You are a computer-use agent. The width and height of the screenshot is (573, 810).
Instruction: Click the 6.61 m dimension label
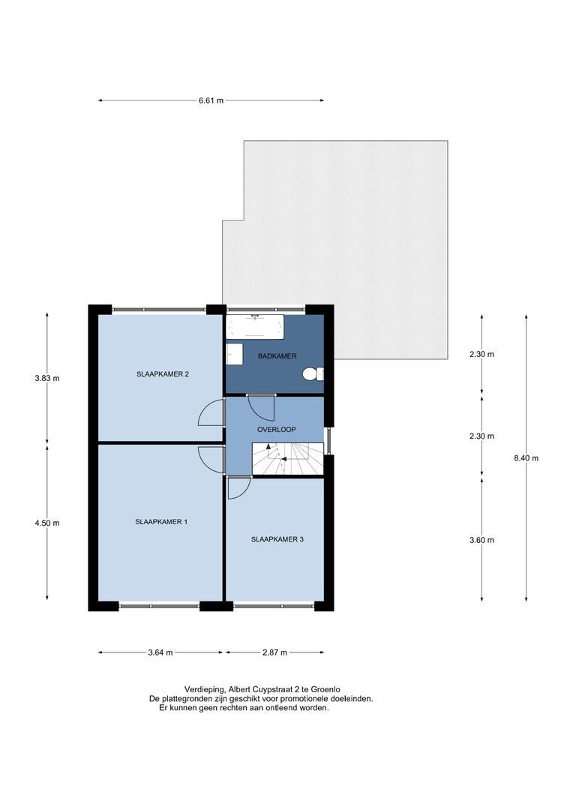pyautogui.click(x=211, y=100)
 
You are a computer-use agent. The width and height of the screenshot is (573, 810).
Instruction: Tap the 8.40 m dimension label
pyautogui.click(x=526, y=457)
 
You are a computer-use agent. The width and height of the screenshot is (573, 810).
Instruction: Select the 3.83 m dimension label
pyautogui.click(x=47, y=378)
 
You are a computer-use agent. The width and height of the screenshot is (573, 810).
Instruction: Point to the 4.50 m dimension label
pyautogui.click(x=47, y=523)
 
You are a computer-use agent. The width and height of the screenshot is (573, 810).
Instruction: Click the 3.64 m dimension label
pyautogui.click(x=160, y=652)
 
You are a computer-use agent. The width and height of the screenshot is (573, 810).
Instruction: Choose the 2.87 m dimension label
pyautogui.click(x=274, y=652)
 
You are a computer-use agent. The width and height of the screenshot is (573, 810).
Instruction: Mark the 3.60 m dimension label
pyautogui.click(x=481, y=540)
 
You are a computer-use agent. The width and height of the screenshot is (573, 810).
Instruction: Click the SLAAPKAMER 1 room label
pyautogui.click(x=161, y=522)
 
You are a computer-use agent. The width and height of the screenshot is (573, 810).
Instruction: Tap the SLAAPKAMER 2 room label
pyautogui.click(x=162, y=374)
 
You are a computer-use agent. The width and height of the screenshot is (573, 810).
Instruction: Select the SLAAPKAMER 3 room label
pyautogui.click(x=277, y=539)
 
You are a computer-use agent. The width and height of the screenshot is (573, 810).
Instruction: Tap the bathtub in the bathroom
pyautogui.click(x=255, y=326)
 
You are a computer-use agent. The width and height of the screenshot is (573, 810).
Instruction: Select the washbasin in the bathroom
pyautogui.click(x=235, y=354)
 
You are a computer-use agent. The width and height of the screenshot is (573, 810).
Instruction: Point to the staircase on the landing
pyautogui.click(x=288, y=458)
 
